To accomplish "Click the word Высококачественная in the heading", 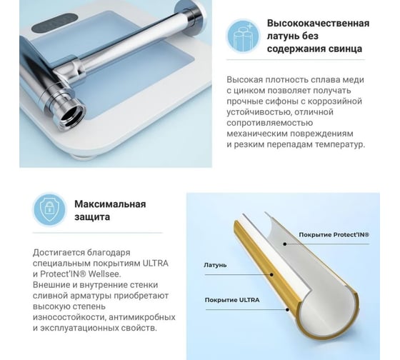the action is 318,24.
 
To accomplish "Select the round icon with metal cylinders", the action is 243,35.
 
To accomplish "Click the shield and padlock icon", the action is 49,209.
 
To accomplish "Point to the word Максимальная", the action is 110,204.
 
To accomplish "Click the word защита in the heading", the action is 92,217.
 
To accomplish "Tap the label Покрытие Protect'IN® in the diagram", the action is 334,235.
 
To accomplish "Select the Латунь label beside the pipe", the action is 215,265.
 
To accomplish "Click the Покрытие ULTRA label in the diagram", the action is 232,300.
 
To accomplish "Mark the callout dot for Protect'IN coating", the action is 285,244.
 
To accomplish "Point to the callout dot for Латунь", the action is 271,275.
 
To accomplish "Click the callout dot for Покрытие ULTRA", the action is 287,310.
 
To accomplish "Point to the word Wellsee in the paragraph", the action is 105,274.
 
